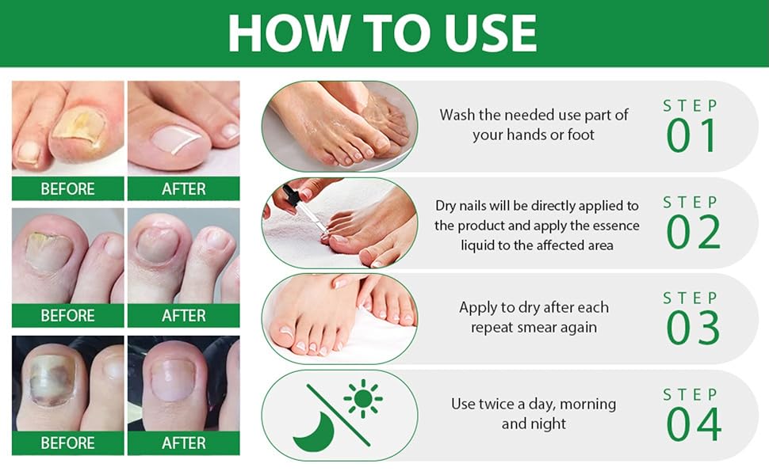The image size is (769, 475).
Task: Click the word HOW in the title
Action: pyautogui.click(x=281, y=33)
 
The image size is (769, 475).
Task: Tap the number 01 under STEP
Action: pyautogui.click(x=691, y=136)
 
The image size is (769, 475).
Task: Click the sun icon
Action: pyautogui.click(x=363, y=398)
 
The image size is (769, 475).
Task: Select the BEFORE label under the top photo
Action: pyautogui.click(x=67, y=188)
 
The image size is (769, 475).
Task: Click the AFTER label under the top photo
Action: pyautogui.click(x=184, y=188)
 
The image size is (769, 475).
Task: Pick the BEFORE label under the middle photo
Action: pyautogui.click(x=67, y=315)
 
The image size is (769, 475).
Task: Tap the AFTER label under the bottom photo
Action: pyautogui.click(x=184, y=443)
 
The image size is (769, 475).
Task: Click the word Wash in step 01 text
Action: pyautogui.click(x=458, y=115)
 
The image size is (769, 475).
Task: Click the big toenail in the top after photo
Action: pyautogui.click(x=177, y=139)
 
